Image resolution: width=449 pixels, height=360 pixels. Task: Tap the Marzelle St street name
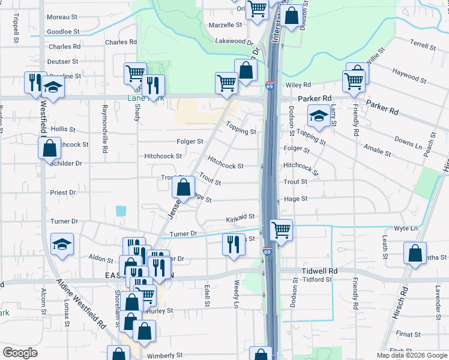(x=225, y=25)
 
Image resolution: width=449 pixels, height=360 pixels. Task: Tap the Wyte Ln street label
(x=406, y=229)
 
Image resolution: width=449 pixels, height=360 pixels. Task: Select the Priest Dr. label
(x=64, y=193)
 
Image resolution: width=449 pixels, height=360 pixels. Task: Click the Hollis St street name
(x=63, y=129)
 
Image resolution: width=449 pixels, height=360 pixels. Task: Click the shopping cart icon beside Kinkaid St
(x=281, y=230)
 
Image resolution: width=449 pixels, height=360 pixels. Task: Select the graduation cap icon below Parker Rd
(x=319, y=116)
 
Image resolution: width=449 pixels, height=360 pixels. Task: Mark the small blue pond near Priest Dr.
(x=122, y=211)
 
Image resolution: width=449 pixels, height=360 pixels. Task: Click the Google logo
(x=20, y=353)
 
